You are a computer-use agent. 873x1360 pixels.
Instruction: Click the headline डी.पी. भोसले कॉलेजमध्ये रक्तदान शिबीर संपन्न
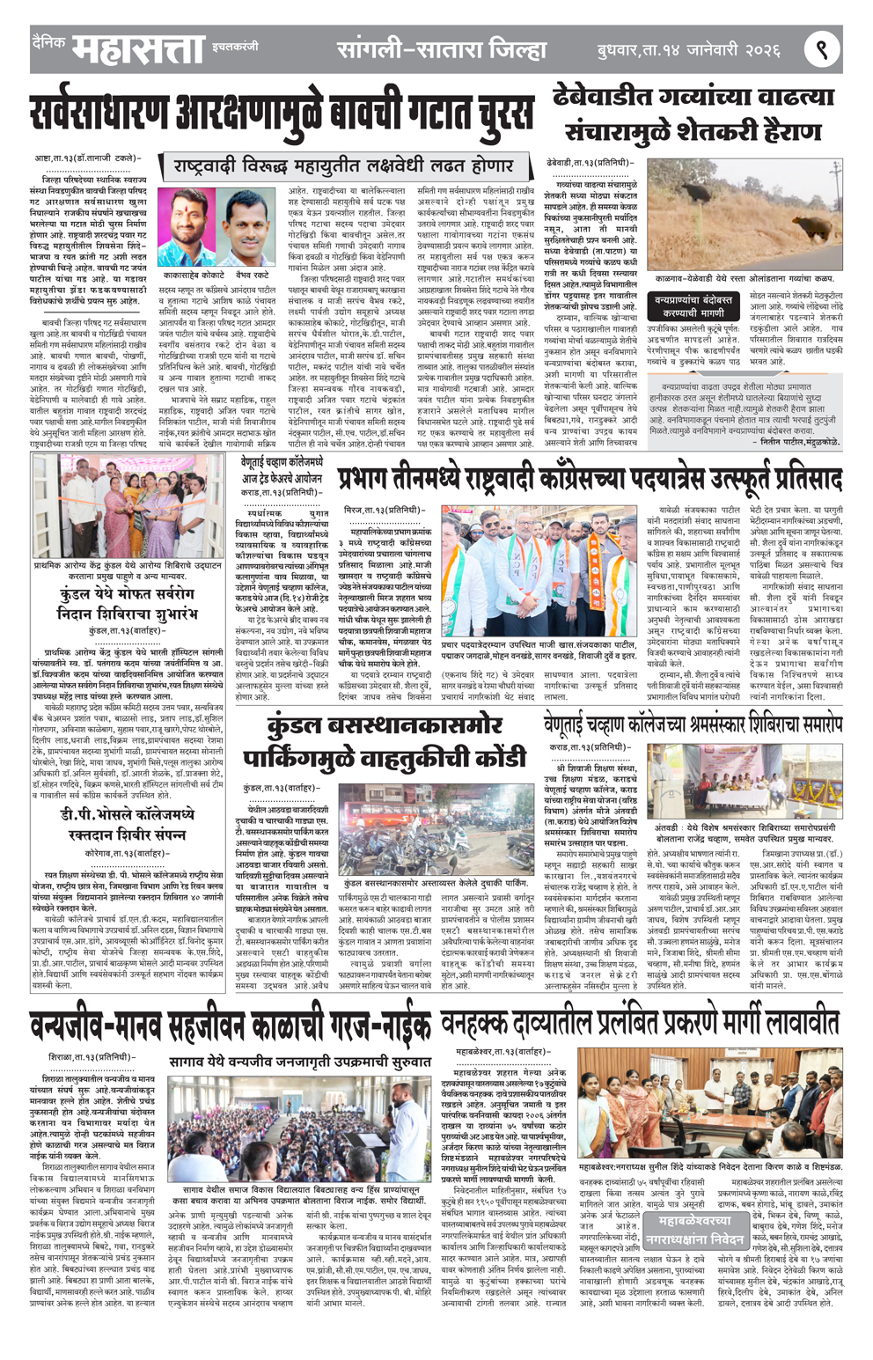coord(127,825)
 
